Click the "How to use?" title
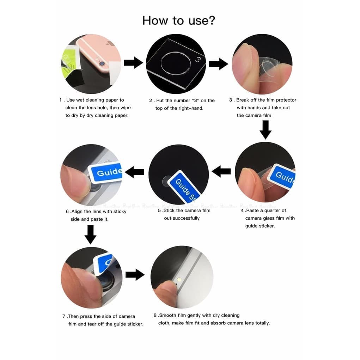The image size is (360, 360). [179, 21]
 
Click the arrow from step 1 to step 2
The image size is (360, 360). [133, 62]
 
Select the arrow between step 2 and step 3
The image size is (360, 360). [218, 64]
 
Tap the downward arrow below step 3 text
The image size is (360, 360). [266, 130]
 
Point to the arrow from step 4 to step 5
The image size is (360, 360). [221, 171]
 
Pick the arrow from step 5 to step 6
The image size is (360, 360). [134, 172]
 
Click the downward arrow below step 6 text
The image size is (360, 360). [91, 234]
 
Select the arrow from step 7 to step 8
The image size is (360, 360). [135, 275]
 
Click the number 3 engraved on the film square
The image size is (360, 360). [198, 60]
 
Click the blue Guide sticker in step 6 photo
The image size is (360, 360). [106, 172]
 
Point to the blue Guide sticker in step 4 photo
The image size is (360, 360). [282, 176]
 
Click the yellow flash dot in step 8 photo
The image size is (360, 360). [179, 279]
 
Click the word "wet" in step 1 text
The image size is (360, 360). [80, 100]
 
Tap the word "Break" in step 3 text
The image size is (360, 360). [243, 100]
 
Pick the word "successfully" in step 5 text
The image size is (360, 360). [186, 218]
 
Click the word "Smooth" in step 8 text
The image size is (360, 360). [167, 315]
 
